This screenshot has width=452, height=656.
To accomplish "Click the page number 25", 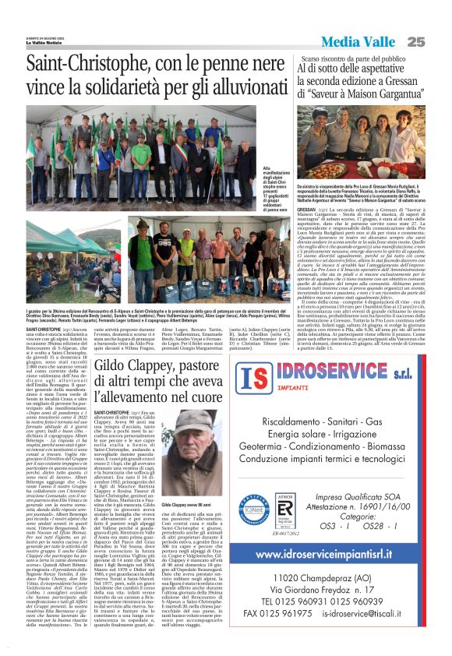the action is click(437, 41).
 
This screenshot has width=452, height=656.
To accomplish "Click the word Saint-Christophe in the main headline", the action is click(81, 66).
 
